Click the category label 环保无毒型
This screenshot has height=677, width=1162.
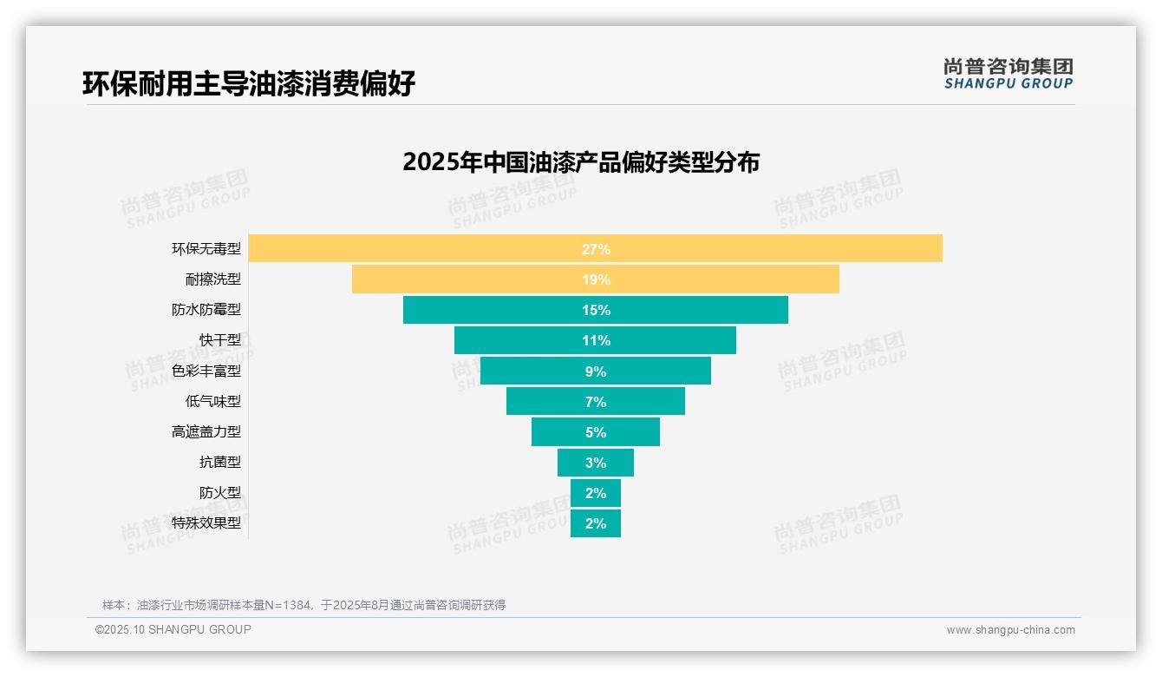[206, 249]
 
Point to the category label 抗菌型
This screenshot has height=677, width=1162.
[220, 462]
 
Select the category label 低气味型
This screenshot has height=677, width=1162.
[213, 401]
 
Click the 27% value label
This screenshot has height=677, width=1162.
[596, 249]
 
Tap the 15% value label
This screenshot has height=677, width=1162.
[596, 310]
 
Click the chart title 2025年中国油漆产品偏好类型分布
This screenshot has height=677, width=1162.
[581, 162]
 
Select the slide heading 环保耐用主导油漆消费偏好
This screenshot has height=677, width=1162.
[249, 83]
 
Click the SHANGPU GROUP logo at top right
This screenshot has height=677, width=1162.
[1008, 74]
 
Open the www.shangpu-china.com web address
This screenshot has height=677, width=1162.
[1010, 630]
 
